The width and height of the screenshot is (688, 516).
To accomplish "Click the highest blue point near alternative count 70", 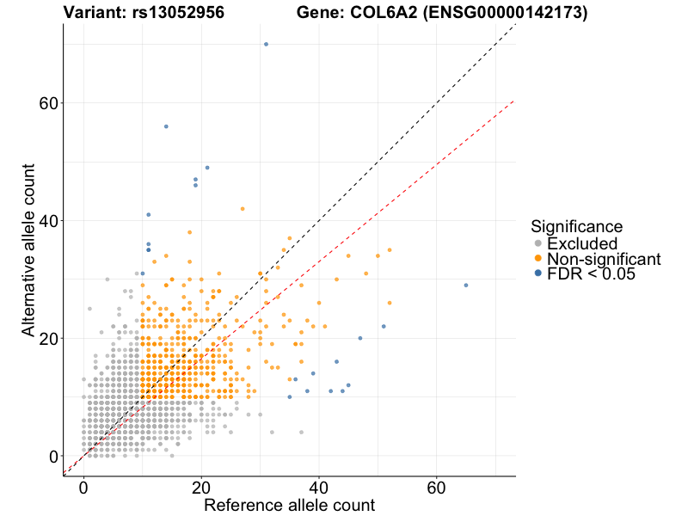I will click(x=266, y=44).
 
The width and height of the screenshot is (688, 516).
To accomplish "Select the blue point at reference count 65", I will click(x=466, y=285).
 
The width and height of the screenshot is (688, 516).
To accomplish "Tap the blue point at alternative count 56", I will click(x=166, y=126).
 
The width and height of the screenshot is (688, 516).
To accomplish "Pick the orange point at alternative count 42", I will click(x=243, y=208).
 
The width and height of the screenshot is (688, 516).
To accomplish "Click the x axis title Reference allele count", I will click(x=289, y=505).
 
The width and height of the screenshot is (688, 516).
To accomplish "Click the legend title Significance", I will click(x=576, y=226).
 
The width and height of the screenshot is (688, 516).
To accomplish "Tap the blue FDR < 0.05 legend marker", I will click(x=538, y=273).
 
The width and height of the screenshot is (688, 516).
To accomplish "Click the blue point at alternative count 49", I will click(x=207, y=168).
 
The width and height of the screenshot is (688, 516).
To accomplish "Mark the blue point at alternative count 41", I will click(x=149, y=214).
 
